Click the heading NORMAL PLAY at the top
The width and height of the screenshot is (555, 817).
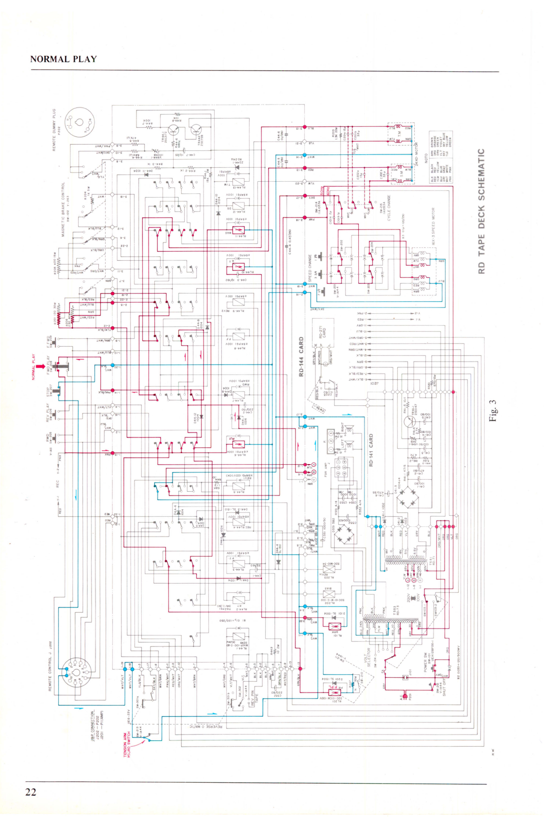[x=63, y=59]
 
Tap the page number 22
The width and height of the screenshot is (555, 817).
[x=30, y=792]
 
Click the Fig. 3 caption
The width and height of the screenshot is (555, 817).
[x=492, y=410]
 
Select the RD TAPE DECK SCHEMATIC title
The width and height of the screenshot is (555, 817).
[x=481, y=211]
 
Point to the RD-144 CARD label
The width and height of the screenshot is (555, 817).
[x=301, y=357]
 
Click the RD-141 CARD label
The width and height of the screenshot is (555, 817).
[x=371, y=450]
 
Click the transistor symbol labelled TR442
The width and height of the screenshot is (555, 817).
[x=196, y=130]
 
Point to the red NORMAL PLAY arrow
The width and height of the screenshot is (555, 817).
[x=34, y=367]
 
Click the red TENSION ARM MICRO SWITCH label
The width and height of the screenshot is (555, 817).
[x=128, y=745]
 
